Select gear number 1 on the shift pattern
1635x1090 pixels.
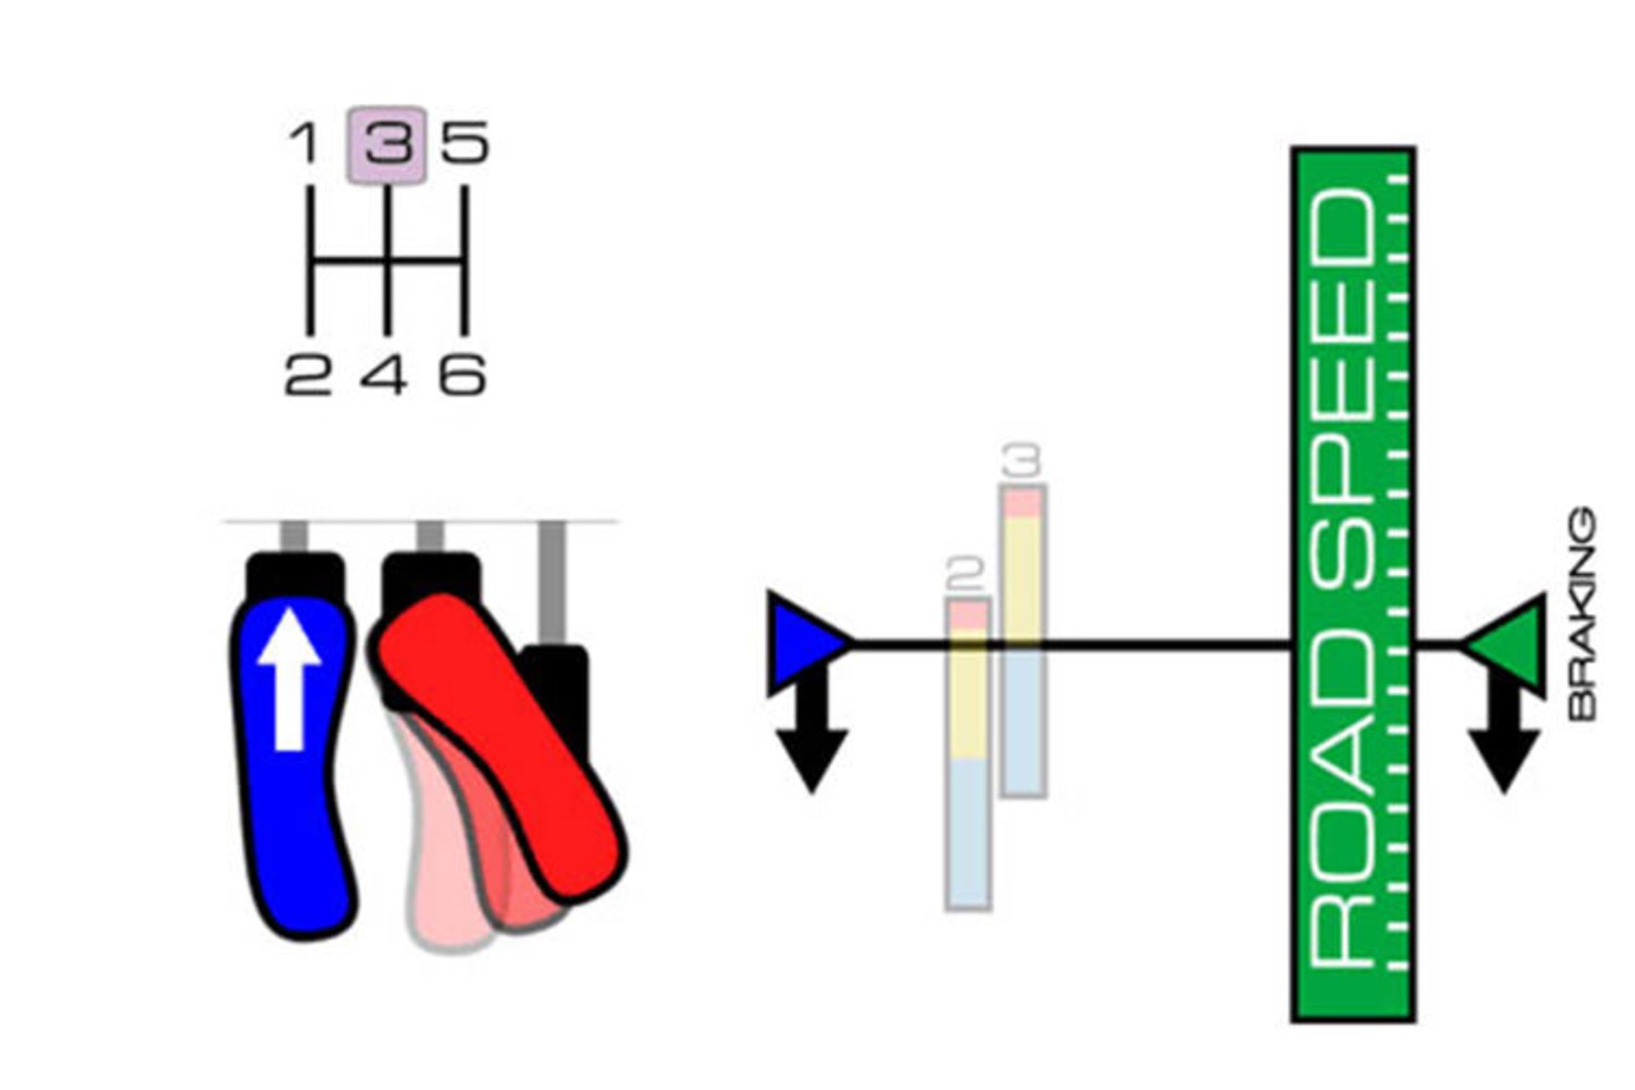coord(304,143)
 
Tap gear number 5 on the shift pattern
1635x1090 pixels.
coord(465,143)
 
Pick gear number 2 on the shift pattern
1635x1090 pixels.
coord(307,375)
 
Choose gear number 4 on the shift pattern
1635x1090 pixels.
coord(383,375)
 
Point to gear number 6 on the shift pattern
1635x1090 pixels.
coord(462,375)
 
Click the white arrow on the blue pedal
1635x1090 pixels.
coord(290,677)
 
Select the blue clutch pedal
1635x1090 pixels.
coord(294,809)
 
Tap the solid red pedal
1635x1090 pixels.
coord(502,749)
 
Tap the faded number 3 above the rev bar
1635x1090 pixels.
coord(1023,462)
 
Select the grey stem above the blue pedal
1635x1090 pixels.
coord(294,536)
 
